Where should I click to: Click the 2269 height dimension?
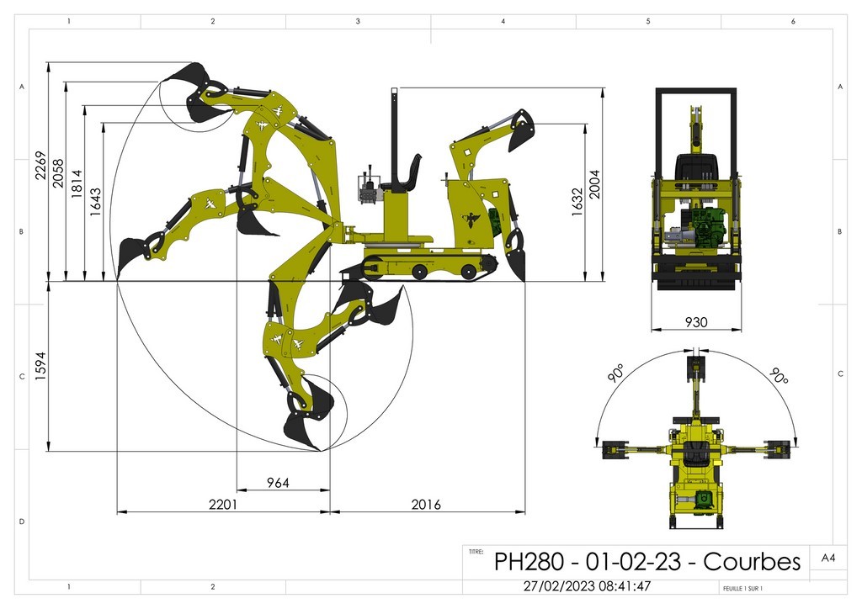point(40,172)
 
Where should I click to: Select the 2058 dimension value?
point(58,173)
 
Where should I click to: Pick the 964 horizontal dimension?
point(278,483)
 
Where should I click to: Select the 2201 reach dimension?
point(223,505)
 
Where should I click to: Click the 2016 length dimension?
point(425,505)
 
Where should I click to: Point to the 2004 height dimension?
point(596,183)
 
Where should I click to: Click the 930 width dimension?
point(695,322)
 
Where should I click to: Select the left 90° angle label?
point(617,374)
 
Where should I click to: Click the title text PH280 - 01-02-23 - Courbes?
point(646,561)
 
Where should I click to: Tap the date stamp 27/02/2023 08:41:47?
point(587,586)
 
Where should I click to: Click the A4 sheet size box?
point(827,556)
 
